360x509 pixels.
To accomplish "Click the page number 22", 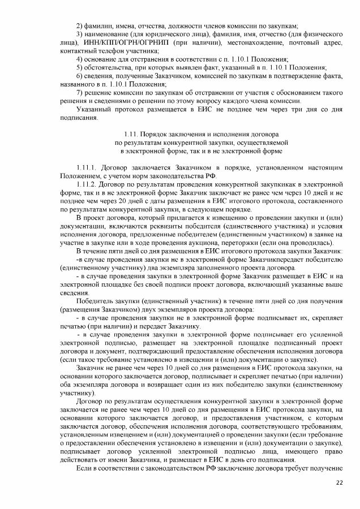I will [x=340, y=481].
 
